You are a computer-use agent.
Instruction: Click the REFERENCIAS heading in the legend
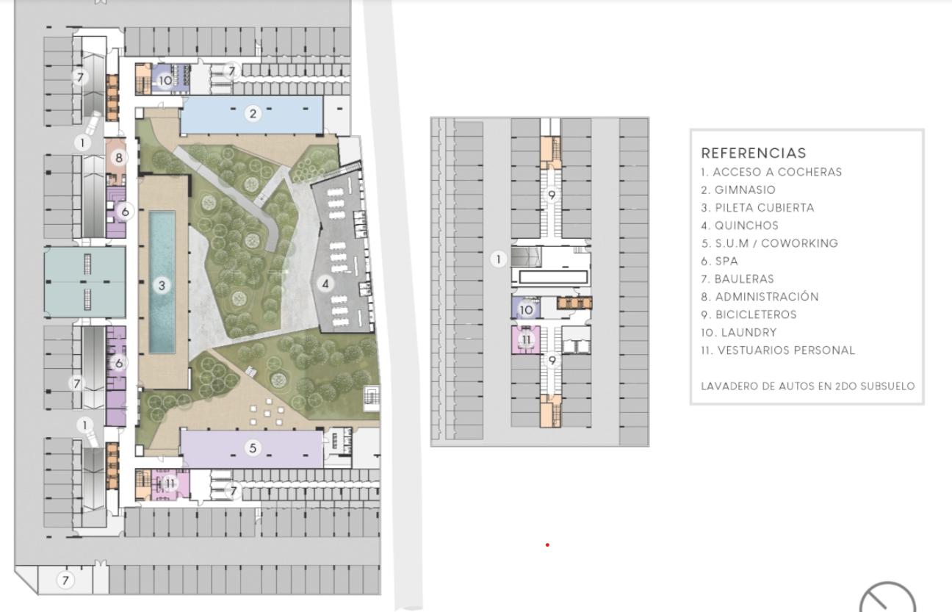753,153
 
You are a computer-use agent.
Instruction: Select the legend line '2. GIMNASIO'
738,190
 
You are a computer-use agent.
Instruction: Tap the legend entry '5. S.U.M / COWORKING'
769,243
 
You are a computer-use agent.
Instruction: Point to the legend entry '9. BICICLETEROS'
749,314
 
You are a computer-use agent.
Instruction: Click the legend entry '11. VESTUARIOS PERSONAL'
778,350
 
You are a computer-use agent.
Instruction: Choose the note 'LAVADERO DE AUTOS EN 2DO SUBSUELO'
807,386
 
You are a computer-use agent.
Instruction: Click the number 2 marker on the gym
253,113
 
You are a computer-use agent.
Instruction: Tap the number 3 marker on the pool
162,285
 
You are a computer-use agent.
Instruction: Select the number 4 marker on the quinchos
325,284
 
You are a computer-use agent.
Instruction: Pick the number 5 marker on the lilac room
253,447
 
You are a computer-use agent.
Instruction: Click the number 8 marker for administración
118,158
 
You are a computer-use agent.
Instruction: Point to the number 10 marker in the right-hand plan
526,310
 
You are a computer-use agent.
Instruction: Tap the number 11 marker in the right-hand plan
526,339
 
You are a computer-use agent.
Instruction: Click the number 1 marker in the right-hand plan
498,259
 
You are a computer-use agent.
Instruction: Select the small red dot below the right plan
547,545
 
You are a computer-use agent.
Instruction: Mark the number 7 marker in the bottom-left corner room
65,580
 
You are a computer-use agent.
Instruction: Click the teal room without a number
85,282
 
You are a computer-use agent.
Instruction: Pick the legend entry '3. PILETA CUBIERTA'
757,207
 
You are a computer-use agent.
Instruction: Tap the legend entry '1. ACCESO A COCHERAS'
771,172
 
